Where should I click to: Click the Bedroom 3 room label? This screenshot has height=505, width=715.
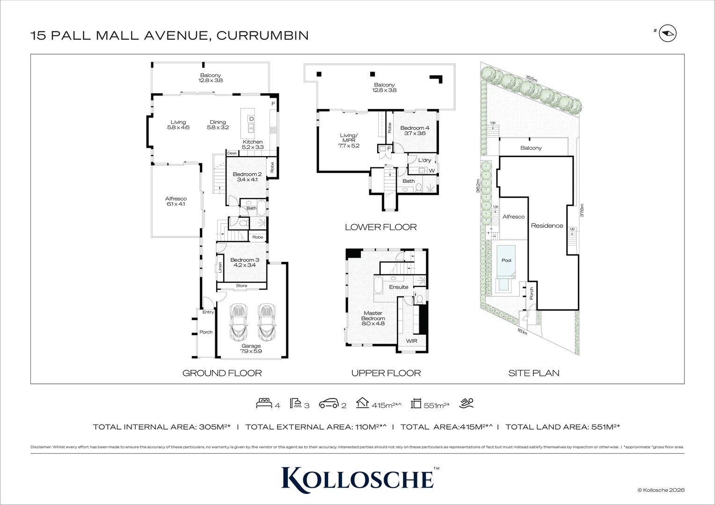tap(244, 262)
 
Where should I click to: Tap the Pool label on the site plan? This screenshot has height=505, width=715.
tap(506, 260)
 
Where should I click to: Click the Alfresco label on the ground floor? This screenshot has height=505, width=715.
tap(176, 201)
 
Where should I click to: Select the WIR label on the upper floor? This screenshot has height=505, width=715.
tap(411, 341)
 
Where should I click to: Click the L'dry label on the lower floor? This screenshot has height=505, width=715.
tap(424, 160)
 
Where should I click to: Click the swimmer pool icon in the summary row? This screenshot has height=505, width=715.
tap(467, 403)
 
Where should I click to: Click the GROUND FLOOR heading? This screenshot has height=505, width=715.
tap(222, 373)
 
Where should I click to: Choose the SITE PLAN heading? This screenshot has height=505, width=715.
tap(533, 373)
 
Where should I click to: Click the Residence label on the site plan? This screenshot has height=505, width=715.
tap(547, 226)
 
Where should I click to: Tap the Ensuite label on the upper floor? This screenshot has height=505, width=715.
tap(399, 287)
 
